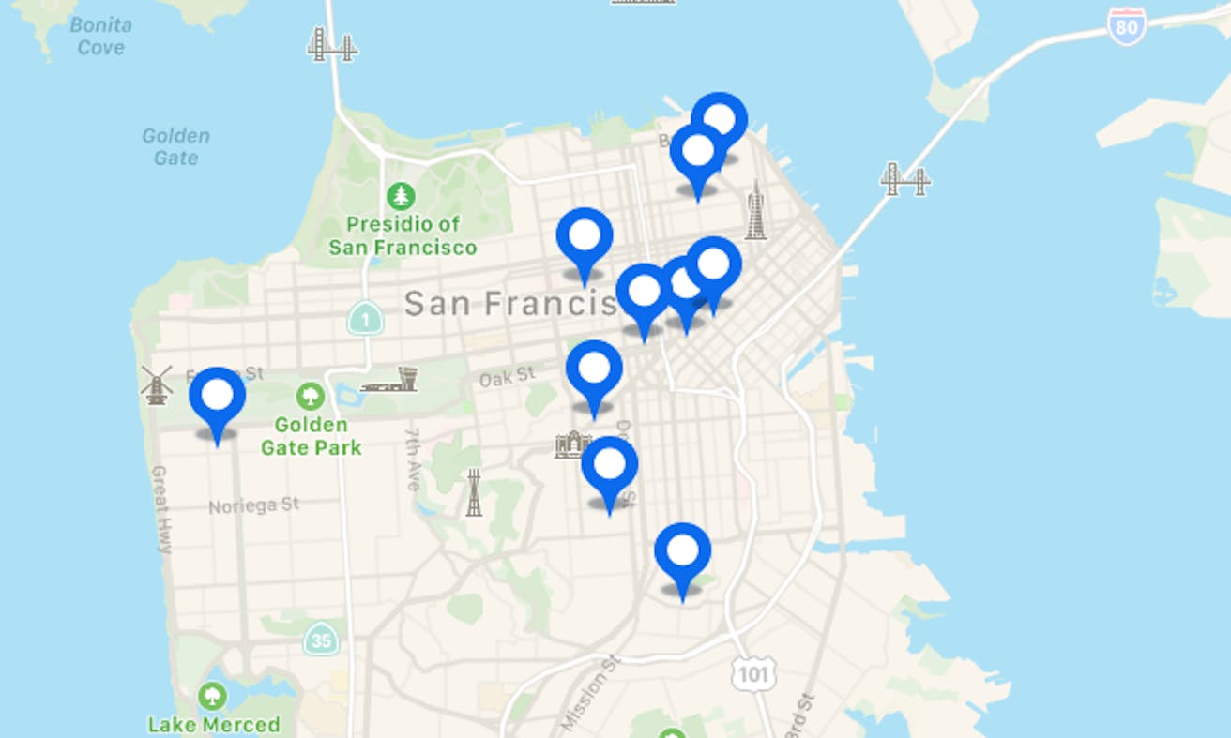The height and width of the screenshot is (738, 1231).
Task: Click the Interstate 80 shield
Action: [1126, 25]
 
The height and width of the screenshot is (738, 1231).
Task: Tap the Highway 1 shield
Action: [364, 318]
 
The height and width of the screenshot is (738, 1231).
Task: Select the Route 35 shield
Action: [321, 640]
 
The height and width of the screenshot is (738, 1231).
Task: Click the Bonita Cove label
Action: [100, 36]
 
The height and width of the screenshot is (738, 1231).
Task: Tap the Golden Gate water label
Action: [175, 146]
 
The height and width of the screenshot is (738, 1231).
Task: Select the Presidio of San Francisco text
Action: [403, 236]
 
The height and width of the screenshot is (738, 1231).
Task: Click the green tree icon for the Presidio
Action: [402, 196]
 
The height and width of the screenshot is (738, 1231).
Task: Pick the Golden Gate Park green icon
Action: [310, 396]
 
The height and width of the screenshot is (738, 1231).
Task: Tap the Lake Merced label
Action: [214, 724]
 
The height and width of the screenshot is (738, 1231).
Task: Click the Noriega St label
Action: [253, 505]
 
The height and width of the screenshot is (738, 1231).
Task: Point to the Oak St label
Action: [507, 377]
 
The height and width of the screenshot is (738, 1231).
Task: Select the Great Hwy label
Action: [160, 509]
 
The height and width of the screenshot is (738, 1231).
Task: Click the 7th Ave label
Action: [412, 459]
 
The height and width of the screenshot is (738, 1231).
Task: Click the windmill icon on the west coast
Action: [156, 384]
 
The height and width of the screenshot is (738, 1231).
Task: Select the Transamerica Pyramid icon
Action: [755, 211]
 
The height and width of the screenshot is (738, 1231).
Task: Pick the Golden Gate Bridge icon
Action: [332, 44]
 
